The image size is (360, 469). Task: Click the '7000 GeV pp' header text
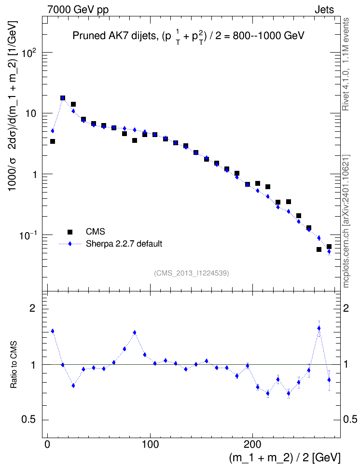(78, 10)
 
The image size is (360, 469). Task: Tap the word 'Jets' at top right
(324, 10)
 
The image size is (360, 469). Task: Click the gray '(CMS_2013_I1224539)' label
(192, 273)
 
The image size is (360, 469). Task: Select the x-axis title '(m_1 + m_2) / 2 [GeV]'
(285, 457)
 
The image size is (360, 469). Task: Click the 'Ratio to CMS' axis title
(14, 365)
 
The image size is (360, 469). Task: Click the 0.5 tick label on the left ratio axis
(28, 420)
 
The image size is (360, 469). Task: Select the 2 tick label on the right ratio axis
(346, 308)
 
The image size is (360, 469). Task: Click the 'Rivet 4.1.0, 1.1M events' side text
(346, 64)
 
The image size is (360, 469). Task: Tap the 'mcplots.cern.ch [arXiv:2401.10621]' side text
(346, 221)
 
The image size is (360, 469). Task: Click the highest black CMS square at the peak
(63, 98)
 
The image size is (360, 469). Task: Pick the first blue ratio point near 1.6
(53, 331)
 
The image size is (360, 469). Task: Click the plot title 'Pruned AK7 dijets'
(114, 36)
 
